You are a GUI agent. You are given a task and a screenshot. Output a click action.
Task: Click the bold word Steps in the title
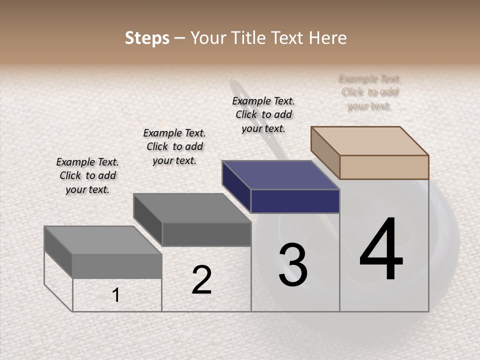147,38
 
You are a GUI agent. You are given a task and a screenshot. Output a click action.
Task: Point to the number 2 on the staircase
202,280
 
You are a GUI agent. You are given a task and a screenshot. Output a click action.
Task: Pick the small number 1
115,295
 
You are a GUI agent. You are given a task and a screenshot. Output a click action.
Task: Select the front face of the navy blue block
295,201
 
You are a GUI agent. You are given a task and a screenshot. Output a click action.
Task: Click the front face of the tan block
384,167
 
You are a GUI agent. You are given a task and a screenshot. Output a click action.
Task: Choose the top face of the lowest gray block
103,240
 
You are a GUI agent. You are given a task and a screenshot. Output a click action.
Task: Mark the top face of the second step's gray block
192,208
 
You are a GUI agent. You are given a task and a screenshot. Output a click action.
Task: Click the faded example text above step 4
369,92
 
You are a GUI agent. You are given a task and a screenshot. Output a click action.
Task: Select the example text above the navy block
263,114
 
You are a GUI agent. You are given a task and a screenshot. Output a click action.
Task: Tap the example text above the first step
87,175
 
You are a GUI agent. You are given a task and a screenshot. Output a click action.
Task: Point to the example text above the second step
174,146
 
